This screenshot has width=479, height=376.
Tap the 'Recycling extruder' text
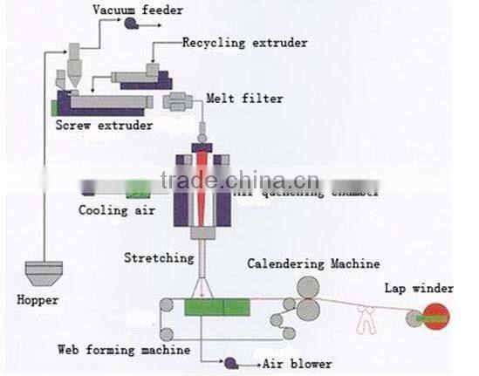click(245, 42)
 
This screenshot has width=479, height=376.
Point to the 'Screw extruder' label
click(104, 126)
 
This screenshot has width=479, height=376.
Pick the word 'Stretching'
click(159, 258)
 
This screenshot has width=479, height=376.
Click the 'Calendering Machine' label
click(313, 263)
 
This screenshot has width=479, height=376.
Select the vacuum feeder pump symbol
click(130, 24)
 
